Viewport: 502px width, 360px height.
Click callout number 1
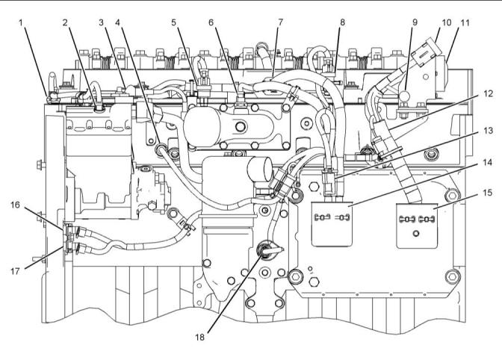point(21,23)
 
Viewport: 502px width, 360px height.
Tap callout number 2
point(65,23)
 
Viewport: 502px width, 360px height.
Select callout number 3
point(101,23)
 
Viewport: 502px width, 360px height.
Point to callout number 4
point(118,23)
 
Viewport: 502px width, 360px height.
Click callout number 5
point(173,23)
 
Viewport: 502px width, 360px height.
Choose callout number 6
point(213,23)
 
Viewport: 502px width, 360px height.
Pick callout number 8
point(341,23)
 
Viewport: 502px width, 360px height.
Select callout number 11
point(465,23)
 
